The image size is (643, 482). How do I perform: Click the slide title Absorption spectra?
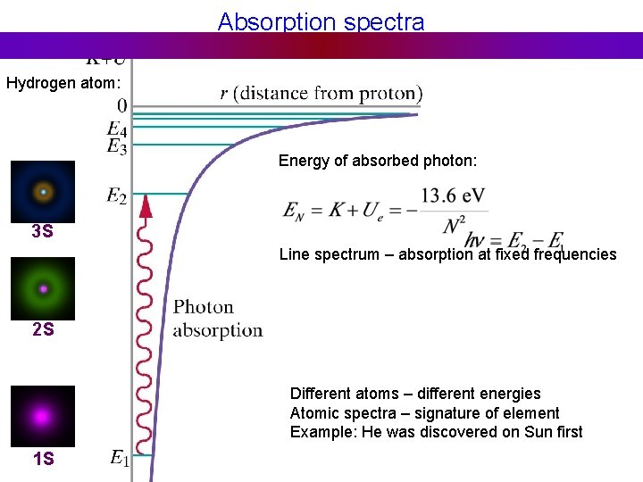tap(321, 21)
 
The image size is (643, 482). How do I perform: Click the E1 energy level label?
tap(120, 459)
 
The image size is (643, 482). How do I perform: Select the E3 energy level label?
tap(117, 146)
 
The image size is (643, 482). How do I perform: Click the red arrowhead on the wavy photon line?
tap(146, 206)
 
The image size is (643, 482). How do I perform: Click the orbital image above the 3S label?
tap(43, 192)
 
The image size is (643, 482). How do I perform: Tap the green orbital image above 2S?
tap(43, 289)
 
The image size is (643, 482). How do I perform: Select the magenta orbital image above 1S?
tap(43, 416)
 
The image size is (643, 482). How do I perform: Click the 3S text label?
tap(42, 232)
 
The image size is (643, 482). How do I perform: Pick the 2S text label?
tap(43, 329)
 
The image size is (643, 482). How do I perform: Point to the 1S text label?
tap(43, 460)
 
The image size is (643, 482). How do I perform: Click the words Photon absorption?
tap(217, 319)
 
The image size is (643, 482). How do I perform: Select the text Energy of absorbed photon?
tap(378, 161)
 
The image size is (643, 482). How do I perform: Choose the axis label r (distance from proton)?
tap(321, 93)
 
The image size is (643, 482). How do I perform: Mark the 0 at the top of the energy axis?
tap(122, 105)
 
